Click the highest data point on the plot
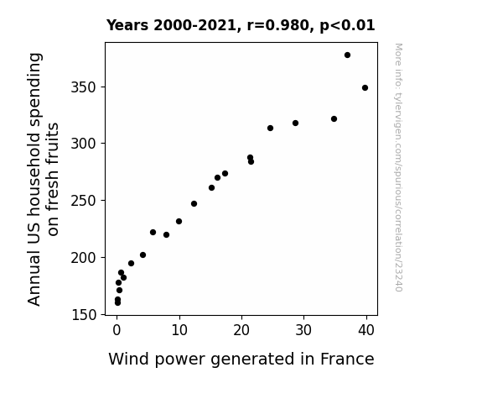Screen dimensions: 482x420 tap(347, 55)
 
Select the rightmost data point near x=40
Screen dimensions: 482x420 tap(365, 88)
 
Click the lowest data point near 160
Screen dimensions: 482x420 tap(117, 303)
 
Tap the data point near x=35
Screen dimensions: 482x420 tap(334, 119)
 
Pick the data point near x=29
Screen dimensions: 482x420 tap(295, 123)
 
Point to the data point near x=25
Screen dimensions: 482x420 tap(270, 129)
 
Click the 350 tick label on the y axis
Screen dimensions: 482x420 tap(84, 87)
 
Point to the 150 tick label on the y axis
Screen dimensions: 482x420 tap(84, 315)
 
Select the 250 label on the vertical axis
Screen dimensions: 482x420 tap(84, 201)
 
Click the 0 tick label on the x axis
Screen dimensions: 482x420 tap(117, 330)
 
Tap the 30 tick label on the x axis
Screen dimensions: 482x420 tap(303, 330)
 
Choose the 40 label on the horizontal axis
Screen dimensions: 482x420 tap(366, 330)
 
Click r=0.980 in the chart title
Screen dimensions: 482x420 tap(278, 25)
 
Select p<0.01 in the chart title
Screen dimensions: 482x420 tap(347, 26)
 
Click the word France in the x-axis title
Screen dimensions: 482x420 tap(347, 359)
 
